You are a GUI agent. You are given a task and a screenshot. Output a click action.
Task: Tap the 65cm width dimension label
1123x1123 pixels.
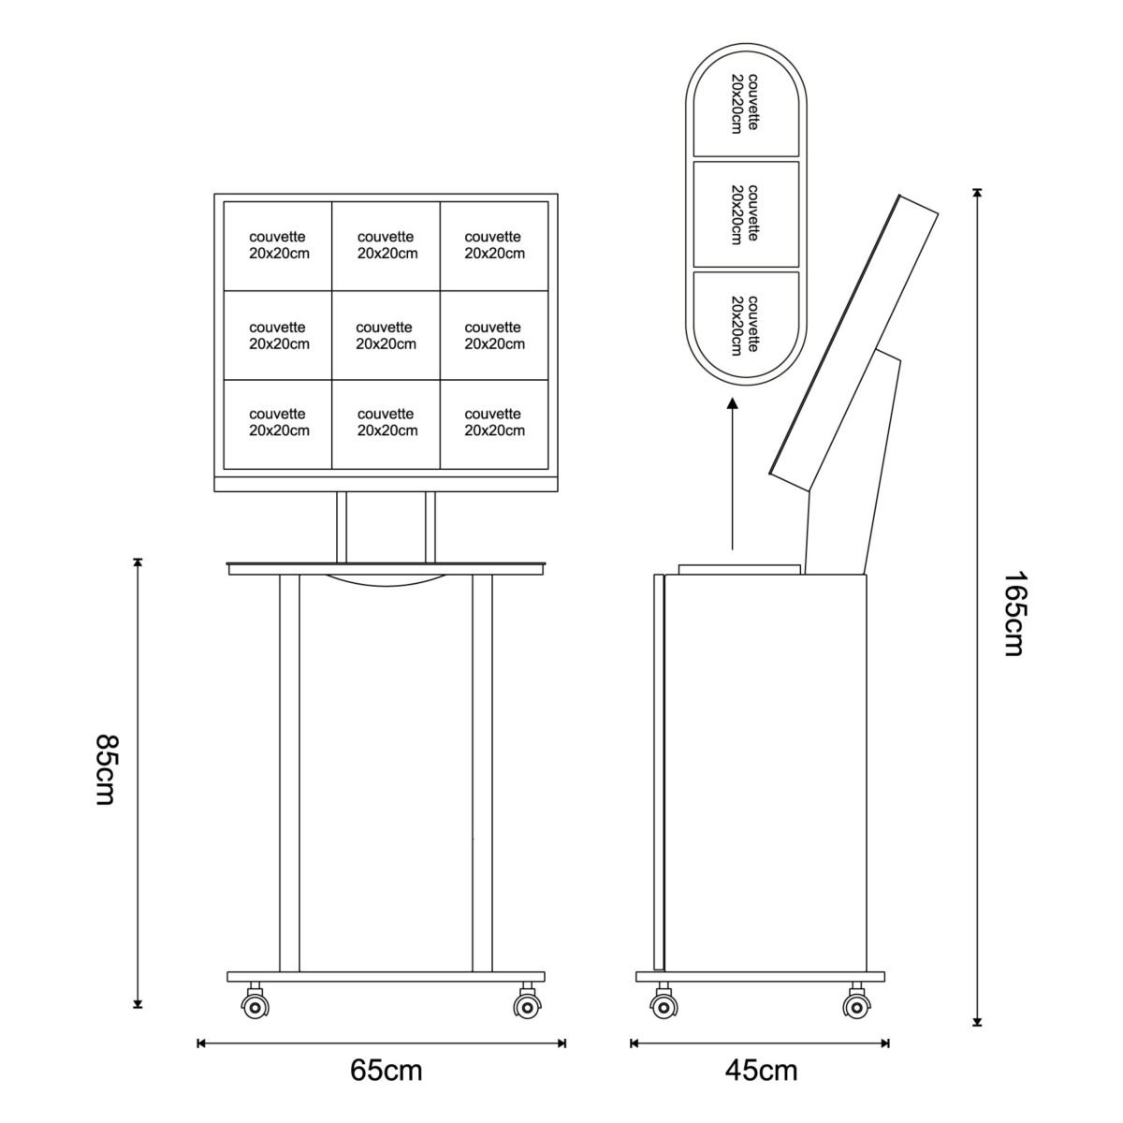pyautogui.click(x=386, y=1070)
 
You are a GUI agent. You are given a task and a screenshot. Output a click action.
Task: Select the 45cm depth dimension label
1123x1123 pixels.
pyautogui.click(x=761, y=1070)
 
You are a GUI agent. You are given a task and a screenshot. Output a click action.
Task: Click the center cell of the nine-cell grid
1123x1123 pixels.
pyautogui.click(x=386, y=336)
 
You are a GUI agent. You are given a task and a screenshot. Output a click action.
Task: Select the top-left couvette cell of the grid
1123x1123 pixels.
pyautogui.click(x=278, y=246)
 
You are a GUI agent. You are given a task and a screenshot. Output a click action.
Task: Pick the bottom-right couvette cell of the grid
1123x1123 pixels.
pyautogui.click(x=494, y=425)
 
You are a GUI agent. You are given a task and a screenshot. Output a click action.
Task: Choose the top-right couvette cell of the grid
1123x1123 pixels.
pyautogui.click(x=494, y=246)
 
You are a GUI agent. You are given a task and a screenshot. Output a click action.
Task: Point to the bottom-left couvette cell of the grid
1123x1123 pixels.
pyautogui.click(x=278, y=425)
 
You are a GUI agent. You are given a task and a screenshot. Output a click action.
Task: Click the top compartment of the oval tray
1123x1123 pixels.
pyautogui.click(x=746, y=104)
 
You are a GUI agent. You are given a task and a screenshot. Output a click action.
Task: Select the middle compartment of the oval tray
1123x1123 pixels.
pyautogui.click(x=746, y=214)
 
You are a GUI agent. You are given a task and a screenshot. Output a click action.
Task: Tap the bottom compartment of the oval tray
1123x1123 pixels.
pyautogui.click(x=746, y=324)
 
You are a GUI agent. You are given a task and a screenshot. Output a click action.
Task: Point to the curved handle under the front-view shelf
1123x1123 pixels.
pyautogui.click(x=386, y=580)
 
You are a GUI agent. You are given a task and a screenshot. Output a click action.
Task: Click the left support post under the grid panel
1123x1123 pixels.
pyautogui.click(x=342, y=528)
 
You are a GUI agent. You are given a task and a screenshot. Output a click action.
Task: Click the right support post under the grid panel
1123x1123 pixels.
pyautogui.click(x=430, y=528)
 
